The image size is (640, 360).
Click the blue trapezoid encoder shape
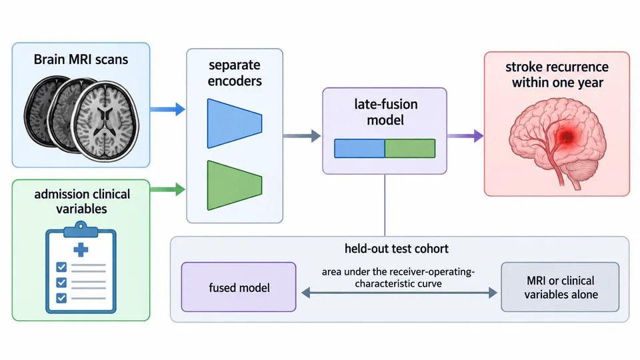[x=234, y=123]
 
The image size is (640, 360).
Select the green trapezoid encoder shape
[x=234, y=185]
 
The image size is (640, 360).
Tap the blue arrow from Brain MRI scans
[x=167, y=109]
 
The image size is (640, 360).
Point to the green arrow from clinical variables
[x=167, y=189]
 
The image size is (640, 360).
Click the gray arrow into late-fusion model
[x=302, y=136]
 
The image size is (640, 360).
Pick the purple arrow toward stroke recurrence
[x=465, y=136]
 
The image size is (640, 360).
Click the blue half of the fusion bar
[x=359, y=148]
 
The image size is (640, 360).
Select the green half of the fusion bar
[x=410, y=148]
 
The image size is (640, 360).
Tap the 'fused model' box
[x=239, y=287]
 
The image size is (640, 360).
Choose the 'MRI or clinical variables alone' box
[x=561, y=287]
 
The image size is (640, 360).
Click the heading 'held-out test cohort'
[x=396, y=249]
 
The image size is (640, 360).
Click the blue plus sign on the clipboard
[x=81, y=249]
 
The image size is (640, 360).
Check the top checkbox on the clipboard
[x=61, y=267]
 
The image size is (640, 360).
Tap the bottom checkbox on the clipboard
[x=61, y=298]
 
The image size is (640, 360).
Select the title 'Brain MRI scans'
[x=81, y=59]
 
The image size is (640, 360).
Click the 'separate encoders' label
[x=235, y=73]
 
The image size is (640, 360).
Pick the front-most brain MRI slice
[x=106, y=121]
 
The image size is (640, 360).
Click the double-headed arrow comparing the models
[x=399, y=293]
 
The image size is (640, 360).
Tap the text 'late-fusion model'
[x=386, y=112]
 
